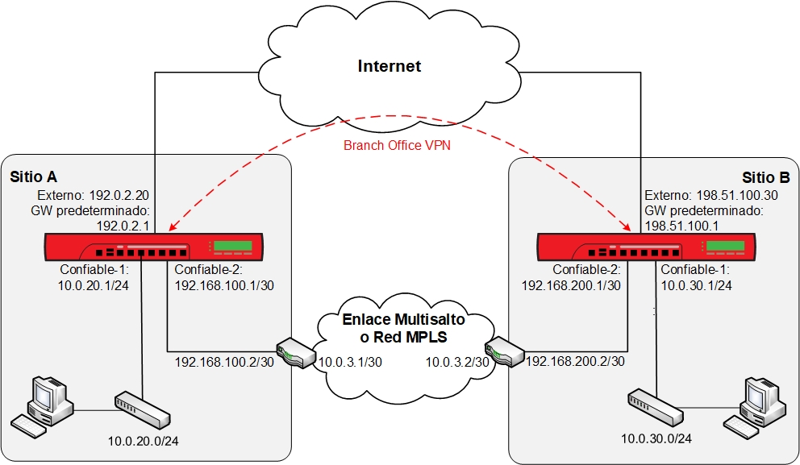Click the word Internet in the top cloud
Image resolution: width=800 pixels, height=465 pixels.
click(389, 66)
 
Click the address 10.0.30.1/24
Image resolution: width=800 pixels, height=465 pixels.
click(697, 284)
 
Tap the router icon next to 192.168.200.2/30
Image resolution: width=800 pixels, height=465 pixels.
click(504, 353)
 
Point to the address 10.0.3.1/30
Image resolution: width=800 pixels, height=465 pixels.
click(349, 363)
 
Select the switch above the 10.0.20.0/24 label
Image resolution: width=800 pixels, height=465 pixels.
click(143, 410)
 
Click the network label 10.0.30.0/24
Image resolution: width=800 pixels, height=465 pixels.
click(656, 439)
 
